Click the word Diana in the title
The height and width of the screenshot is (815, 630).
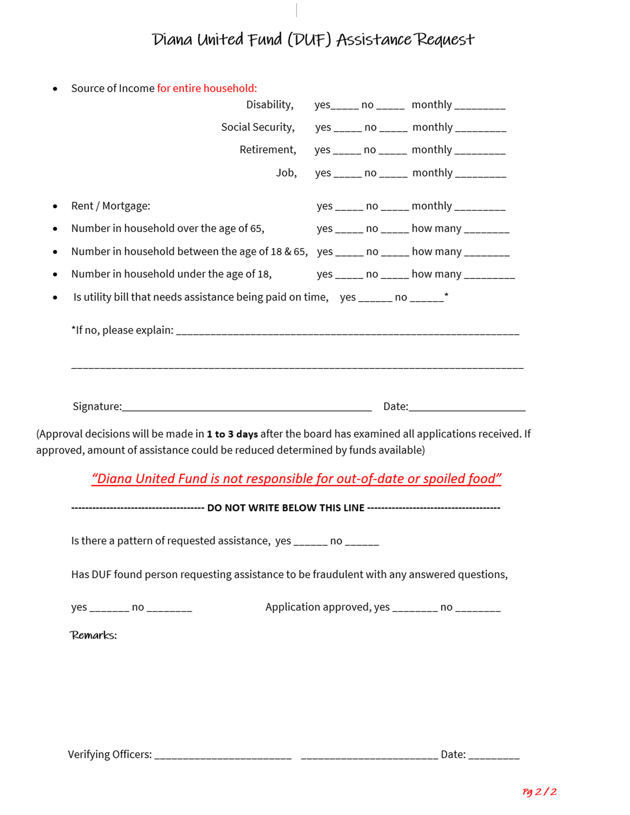172,40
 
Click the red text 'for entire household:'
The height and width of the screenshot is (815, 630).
207,88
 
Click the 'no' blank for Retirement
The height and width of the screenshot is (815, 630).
393,151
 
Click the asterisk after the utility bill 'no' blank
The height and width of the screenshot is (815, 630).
446,296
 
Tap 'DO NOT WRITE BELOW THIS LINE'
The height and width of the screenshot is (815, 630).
286,508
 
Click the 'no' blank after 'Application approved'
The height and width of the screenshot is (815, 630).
478,609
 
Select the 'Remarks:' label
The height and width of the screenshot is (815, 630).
93,635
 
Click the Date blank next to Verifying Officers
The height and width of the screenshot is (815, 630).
493,756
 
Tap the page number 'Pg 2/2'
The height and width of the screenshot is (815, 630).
539,792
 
